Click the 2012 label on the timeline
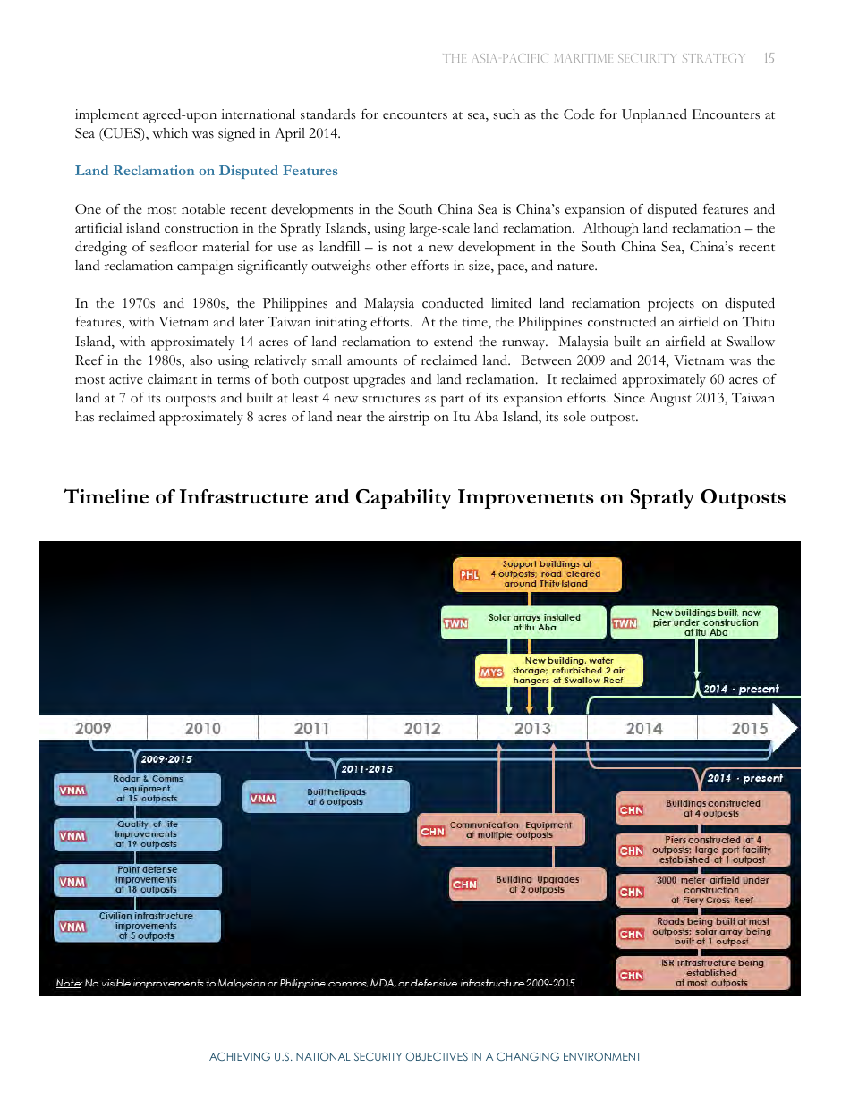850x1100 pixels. [422, 728]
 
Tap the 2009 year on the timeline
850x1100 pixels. [93, 728]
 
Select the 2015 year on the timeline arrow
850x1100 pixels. [750, 728]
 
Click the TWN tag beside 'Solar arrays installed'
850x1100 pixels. [455, 623]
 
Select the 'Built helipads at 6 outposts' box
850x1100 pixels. [327, 797]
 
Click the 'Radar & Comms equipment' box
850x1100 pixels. [138, 789]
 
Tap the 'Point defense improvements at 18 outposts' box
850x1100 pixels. [138, 880]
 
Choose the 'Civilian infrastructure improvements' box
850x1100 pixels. [138, 926]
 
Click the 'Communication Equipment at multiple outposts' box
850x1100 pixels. [501, 830]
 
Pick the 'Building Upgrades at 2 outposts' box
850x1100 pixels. [528, 884]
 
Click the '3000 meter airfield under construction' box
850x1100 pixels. [703, 890]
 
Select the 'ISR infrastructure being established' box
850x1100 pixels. [703, 973]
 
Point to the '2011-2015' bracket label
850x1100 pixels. [367, 769]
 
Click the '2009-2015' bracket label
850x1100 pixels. [166, 759]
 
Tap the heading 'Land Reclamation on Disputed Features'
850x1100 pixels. [207, 171]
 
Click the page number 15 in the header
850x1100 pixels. [769, 58]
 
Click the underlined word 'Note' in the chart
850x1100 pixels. [68, 983]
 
